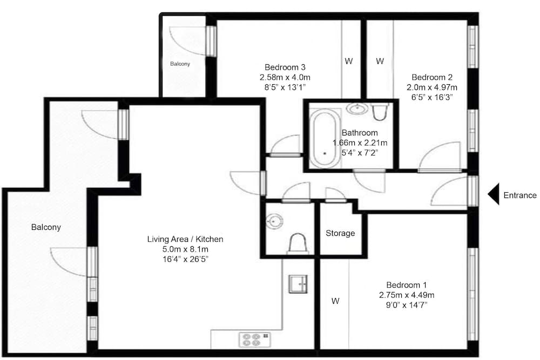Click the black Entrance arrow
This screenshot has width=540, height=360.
click(494, 194)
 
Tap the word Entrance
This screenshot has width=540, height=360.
click(519, 195)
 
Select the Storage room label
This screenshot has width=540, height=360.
click(340, 233)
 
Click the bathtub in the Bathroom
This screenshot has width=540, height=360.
click(324, 139)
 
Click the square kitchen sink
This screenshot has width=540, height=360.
click(298, 284)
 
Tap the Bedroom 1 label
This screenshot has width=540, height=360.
click(407, 285)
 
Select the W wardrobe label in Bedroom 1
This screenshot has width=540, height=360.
click(335, 301)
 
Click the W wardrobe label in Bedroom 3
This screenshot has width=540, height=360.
click(348, 62)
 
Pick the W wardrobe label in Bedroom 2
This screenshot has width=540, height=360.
click(380, 62)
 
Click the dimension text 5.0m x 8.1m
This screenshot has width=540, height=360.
click(185, 249)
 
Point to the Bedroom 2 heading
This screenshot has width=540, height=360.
click(432, 77)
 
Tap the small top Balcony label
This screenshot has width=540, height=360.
click(180, 64)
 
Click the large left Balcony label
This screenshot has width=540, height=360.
click(46, 227)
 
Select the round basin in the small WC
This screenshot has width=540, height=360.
click(274, 221)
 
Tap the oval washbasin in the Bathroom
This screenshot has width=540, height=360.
click(357, 108)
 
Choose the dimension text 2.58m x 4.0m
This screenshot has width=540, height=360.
click(285, 77)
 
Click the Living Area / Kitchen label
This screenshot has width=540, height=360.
click(185, 239)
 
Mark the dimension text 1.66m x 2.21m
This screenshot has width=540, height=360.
click(360, 142)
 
